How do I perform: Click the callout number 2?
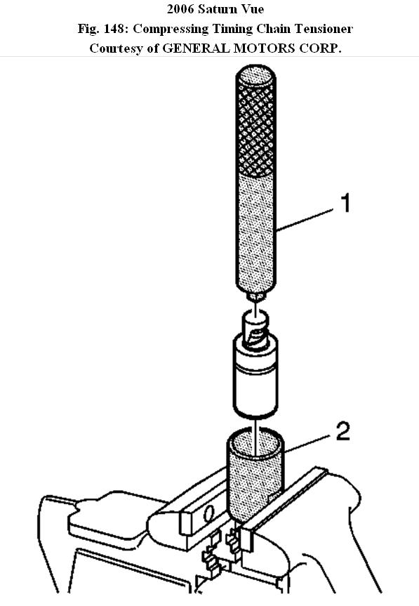point(343,431)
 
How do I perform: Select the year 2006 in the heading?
point(181,9)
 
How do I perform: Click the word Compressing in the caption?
point(165,29)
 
